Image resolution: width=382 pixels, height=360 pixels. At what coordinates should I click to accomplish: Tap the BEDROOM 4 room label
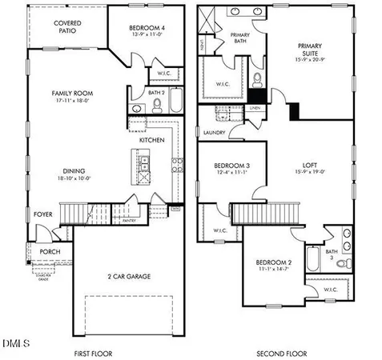pos(146,29)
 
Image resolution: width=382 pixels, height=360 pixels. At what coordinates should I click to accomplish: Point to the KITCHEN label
pos(152,140)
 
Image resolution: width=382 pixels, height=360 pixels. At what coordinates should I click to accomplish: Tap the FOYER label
pos(42,214)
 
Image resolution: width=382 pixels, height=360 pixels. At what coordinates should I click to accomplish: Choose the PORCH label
pos(50,251)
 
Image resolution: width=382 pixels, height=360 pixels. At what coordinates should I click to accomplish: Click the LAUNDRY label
pos(214,133)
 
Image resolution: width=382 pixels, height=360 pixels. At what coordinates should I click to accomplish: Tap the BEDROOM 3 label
pos(229,166)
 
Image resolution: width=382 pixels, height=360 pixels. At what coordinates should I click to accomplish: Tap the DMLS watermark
pos(16,343)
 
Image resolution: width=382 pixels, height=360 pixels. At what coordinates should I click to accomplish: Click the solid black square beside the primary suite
pos(294,111)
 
